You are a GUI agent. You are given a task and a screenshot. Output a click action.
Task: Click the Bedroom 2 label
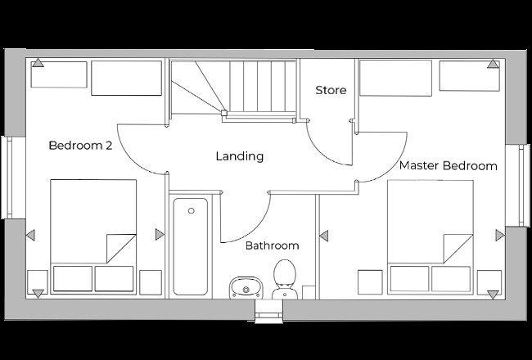(x=80, y=146)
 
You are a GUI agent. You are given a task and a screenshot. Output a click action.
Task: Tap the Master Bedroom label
(x=448, y=166)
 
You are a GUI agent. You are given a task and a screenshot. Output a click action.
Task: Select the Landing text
(x=239, y=156)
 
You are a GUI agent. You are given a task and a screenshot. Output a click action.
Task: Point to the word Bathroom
(x=272, y=245)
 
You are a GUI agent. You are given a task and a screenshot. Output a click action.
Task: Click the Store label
(x=331, y=90)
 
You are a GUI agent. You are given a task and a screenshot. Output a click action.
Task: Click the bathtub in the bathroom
(x=191, y=245)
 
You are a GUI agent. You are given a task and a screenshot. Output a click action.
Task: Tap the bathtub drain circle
(x=191, y=211)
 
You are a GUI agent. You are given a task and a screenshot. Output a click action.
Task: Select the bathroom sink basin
(x=243, y=286)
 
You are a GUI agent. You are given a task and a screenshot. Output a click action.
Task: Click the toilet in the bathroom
(x=285, y=277)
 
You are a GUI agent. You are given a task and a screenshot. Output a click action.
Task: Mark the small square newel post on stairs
(x=223, y=113)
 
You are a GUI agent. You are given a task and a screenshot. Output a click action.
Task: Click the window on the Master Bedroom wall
(x=517, y=185)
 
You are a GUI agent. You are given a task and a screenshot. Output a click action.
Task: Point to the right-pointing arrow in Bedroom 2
(x=160, y=235)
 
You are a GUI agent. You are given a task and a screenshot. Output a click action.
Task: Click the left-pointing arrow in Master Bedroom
(x=323, y=236)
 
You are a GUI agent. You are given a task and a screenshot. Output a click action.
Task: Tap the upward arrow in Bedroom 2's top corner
(x=37, y=64)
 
